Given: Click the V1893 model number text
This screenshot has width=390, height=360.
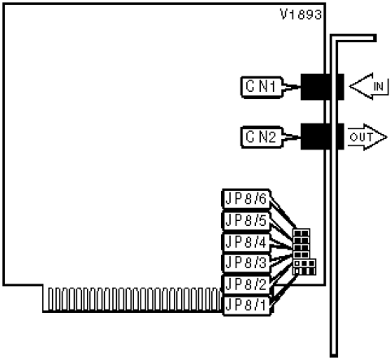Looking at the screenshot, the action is coord(301,15).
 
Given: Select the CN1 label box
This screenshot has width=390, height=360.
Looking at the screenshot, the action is coord(262,87).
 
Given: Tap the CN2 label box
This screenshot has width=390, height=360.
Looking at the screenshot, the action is coord(262,137).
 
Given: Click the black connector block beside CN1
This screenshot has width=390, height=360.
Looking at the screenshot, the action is coord(323,87).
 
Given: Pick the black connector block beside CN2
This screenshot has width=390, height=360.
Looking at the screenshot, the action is coord(323,137).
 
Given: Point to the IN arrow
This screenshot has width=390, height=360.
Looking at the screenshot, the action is coord(369,86).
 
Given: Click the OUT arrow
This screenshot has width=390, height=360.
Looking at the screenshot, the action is coord(367,137).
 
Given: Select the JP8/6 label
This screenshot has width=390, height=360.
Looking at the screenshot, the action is coord(246,199).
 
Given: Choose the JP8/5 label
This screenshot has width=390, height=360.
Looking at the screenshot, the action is coord(246,220).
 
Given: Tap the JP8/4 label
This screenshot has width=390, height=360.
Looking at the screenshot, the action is coord(246,242).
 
